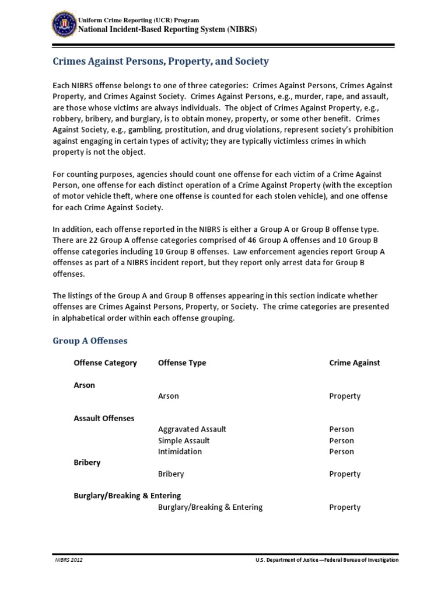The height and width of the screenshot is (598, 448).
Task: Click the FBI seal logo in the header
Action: (61, 24)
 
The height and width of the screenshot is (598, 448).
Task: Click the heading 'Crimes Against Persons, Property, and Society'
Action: (161, 61)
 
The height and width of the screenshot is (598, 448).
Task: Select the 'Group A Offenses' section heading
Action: (90, 340)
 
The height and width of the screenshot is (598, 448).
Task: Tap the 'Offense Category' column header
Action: (105, 363)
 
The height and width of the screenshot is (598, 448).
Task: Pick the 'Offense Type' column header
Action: (182, 363)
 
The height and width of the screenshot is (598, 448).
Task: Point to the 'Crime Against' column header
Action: (354, 363)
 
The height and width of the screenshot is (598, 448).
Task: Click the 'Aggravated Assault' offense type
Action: (192, 429)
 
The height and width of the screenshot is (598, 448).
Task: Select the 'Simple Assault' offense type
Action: (184, 440)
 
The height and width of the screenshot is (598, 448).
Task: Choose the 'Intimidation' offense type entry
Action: (180, 451)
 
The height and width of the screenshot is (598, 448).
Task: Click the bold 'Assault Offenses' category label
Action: (104, 418)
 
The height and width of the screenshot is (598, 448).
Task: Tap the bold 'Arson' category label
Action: (84, 385)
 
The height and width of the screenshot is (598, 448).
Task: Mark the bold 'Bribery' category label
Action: (87, 463)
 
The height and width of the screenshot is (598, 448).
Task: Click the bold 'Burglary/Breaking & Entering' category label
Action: (127, 496)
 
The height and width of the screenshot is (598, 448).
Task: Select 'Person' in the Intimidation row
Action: (341, 451)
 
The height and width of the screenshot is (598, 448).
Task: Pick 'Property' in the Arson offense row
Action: (345, 396)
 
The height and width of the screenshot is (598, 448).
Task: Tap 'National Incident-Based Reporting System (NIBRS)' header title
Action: (167, 29)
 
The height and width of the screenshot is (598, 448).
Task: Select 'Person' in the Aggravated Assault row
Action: (341, 429)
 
